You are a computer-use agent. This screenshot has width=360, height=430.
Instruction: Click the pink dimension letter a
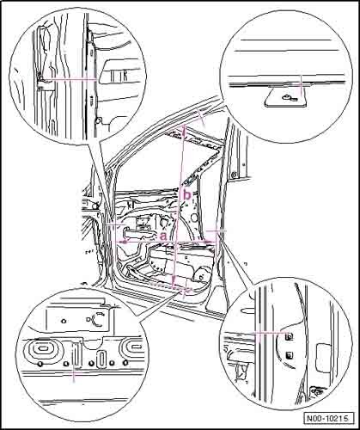pos(163,236)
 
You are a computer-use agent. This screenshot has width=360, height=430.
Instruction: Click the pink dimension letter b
pos(187,194)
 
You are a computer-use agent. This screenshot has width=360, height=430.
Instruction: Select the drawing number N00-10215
pos(327,418)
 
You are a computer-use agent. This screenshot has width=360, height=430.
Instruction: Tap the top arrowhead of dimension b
pos(184,131)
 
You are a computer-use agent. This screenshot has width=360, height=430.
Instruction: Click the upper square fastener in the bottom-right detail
pos(290,336)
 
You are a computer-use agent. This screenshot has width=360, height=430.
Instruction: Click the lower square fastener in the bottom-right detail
pos(290,355)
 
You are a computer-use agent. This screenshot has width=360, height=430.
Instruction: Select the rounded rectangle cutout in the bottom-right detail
pos(323,359)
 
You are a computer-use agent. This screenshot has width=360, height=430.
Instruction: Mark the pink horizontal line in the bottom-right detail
pos(272,333)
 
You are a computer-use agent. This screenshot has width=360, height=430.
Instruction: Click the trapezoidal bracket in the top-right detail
pos(286,97)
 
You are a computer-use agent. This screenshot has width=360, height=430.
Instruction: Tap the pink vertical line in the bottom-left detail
pos(74,372)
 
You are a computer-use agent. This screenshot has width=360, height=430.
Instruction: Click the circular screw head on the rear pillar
pos(234,174)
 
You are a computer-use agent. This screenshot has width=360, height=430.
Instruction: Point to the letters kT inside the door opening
pos(131,206)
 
